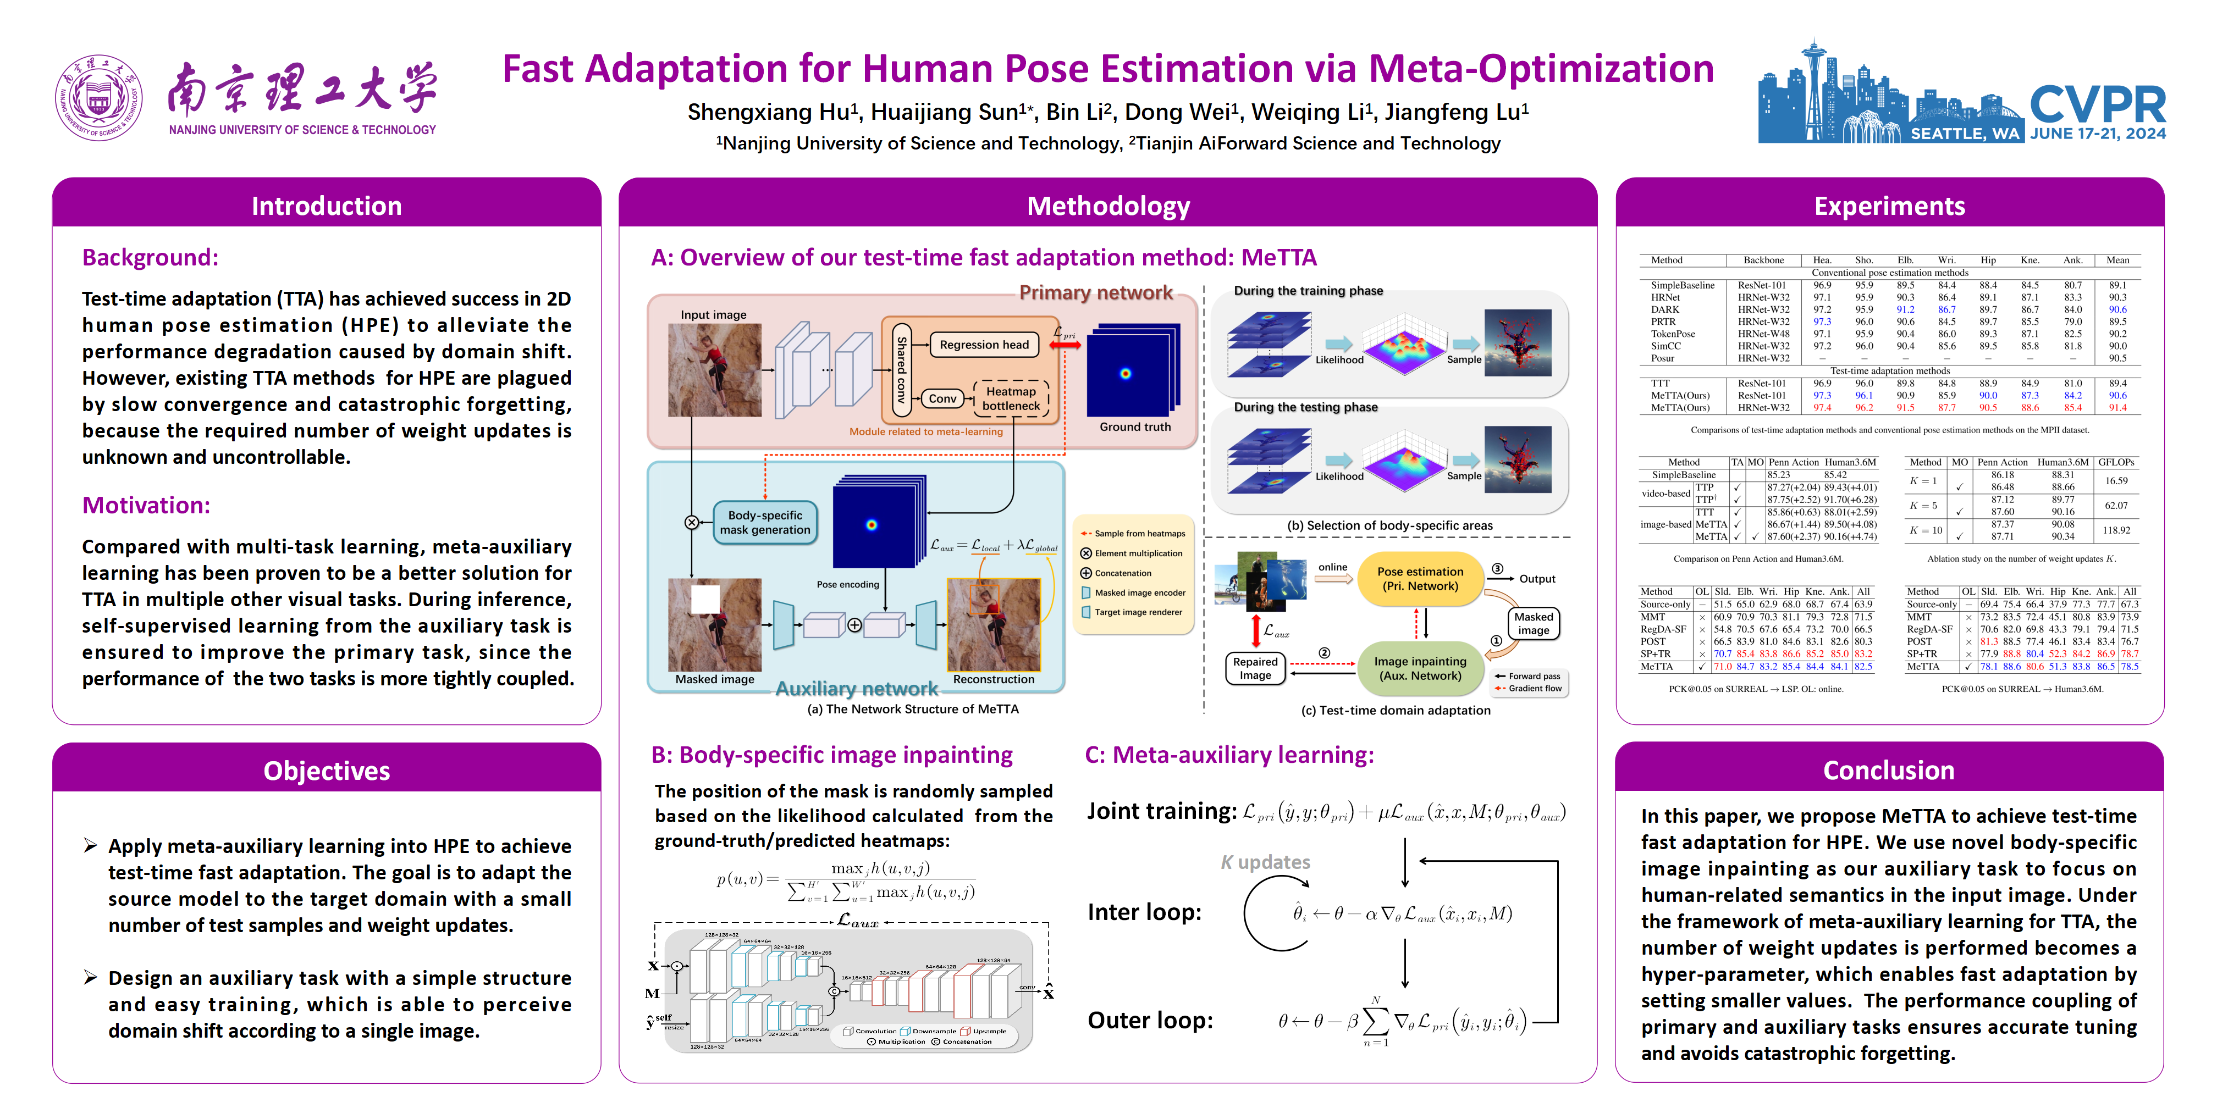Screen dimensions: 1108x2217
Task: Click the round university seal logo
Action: pos(98,98)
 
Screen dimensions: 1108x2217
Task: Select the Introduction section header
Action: pos(326,206)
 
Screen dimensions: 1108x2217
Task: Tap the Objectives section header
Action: pos(326,770)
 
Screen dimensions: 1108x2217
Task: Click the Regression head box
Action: pos(984,345)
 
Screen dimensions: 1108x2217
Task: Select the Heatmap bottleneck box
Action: pos(1011,398)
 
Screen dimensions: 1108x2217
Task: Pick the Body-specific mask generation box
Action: pos(765,522)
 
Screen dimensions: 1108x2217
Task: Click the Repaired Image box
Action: pos(1255,668)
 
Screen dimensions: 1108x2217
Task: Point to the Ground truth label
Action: pos(1134,426)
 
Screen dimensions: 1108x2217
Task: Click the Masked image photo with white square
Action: pos(714,624)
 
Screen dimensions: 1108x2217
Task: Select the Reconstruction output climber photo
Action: pos(993,624)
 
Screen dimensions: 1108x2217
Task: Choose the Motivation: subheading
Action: pos(146,505)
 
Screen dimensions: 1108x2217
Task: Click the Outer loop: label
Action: pos(1150,1020)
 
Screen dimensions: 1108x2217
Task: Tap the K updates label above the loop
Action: pos(1265,862)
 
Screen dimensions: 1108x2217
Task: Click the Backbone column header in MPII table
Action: pos(1763,260)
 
